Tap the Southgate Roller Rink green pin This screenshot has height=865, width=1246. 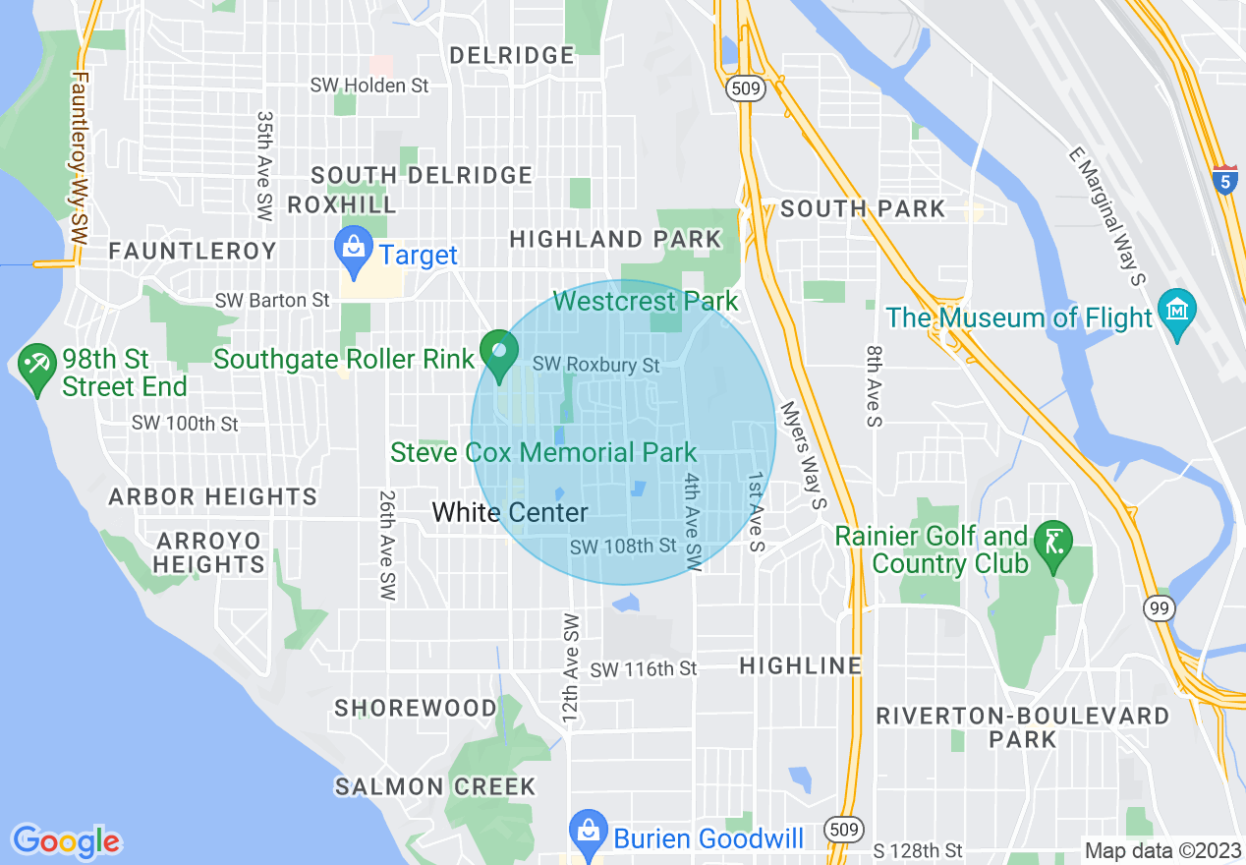tap(499, 355)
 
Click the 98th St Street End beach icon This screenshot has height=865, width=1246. tap(38, 368)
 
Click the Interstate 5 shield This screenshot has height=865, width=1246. tap(1224, 180)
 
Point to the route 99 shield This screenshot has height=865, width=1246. tap(1161, 608)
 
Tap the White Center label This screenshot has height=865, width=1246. tap(510, 512)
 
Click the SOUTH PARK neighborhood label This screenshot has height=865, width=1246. tap(863, 208)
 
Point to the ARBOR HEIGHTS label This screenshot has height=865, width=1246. tap(213, 496)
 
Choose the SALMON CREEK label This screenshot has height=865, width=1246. tap(435, 786)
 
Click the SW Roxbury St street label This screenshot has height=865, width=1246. tap(595, 365)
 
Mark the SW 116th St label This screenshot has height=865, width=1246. tap(644, 669)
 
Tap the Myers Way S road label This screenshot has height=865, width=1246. tap(802, 454)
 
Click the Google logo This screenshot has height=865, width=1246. tap(66, 841)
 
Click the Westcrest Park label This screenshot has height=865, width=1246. tap(645, 300)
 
